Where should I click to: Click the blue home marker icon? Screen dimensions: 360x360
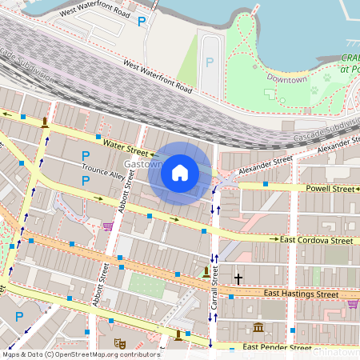tap(180, 173)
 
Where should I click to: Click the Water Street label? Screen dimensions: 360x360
tap(126, 148)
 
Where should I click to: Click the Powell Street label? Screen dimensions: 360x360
tap(330, 189)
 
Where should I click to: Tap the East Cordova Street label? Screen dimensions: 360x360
tap(316, 240)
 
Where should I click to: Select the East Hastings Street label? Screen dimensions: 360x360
tap(301, 294)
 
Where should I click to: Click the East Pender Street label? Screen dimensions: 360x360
tap(277, 347)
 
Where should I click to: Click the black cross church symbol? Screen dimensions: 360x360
tap(238, 278)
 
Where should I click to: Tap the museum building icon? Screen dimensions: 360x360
tap(258, 328)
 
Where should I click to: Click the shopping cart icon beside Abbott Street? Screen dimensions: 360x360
tap(107, 226)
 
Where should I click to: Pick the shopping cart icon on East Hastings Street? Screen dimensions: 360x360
tap(353, 303)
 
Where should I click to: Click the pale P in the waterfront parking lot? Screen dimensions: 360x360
tap(210, 62)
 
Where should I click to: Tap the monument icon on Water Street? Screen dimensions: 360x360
tap(44, 122)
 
